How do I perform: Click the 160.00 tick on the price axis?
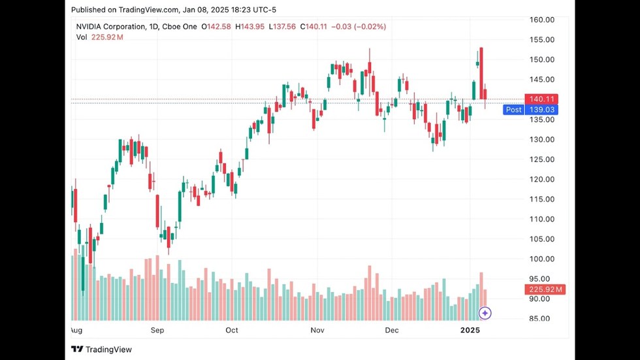click(x=542, y=20)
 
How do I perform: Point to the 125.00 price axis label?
click(x=542, y=159)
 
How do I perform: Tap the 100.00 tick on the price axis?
click(x=542, y=259)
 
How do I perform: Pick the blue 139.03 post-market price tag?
click(x=543, y=110)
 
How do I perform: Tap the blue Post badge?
click(x=513, y=110)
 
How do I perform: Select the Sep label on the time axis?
click(x=157, y=331)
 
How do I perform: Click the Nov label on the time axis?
click(x=317, y=331)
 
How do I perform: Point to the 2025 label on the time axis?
click(x=470, y=331)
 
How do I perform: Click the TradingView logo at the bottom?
click(x=102, y=350)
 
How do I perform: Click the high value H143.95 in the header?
click(x=248, y=27)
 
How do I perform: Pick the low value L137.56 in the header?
click(x=282, y=27)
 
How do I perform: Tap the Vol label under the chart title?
click(x=82, y=37)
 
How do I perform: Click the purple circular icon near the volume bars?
click(x=485, y=313)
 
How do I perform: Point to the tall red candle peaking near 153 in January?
click(x=481, y=72)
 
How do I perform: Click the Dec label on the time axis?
click(x=392, y=331)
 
